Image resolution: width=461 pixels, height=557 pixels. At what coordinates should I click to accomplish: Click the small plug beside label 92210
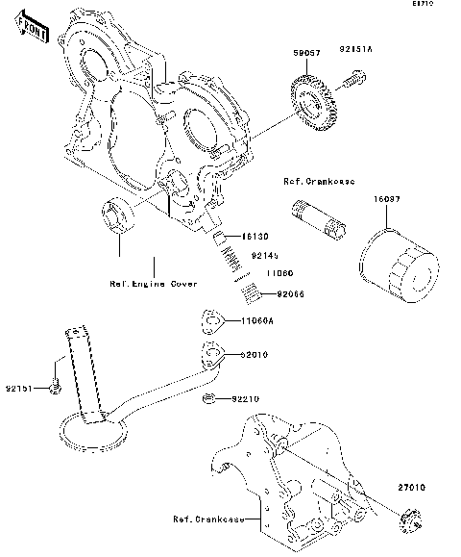206,398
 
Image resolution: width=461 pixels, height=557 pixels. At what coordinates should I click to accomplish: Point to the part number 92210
245,398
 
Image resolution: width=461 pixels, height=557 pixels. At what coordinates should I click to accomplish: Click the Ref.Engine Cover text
154,285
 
